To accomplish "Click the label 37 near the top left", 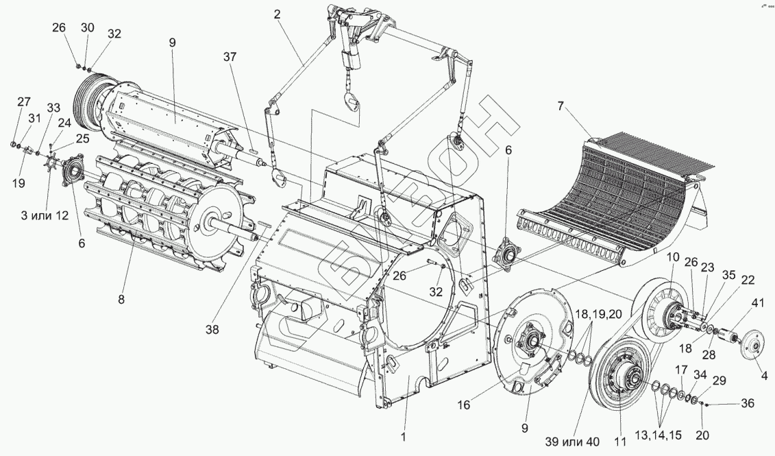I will pyautogui.click(x=230, y=58).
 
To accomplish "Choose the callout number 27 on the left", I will pyautogui.click(x=23, y=102).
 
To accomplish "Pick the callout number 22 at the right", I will pyautogui.click(x=748, y=280).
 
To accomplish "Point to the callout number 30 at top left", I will pyautogui.click(x=88, y=27).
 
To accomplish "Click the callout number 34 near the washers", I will pyautogui.click(x=700, y=374).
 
